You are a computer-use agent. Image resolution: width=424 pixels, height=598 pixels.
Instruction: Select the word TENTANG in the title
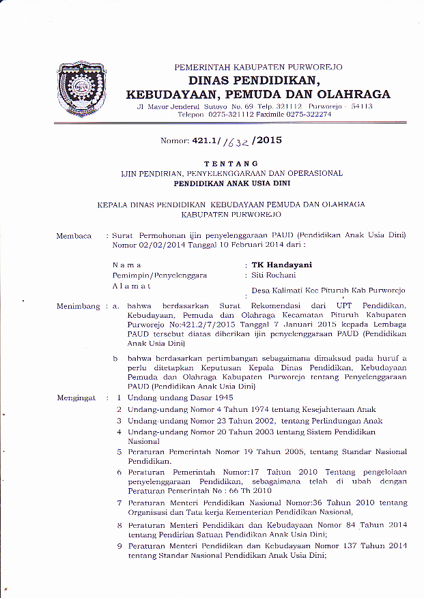tap(231, 164)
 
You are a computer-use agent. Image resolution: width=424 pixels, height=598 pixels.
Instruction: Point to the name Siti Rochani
tap(274, 275)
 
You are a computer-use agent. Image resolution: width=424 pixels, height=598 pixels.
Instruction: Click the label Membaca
tap(74, 236)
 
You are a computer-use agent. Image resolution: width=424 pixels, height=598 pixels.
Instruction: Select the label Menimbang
tap(79, 308)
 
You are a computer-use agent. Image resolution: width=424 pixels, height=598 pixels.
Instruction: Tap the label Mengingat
tap(76, 397)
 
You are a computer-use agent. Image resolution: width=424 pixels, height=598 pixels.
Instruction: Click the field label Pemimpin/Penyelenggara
tap(159, 275)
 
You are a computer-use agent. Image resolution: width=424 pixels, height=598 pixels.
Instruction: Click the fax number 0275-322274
tap(305, 115)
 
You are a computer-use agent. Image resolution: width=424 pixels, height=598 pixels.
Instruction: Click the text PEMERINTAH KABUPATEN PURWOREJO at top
tap(258, 67)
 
